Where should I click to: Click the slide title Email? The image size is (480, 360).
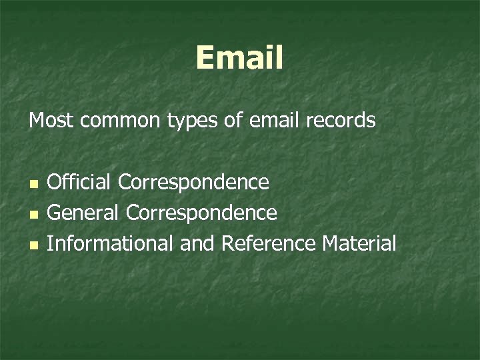coord(239,58)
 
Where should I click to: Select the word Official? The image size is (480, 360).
coord(79,181)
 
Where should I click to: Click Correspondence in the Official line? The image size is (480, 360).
coord(194,183)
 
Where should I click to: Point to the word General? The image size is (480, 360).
coord(83,213)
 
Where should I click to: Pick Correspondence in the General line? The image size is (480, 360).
coord(201,214)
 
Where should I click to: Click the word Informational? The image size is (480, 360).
coord(109,243)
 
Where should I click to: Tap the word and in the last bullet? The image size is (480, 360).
coord(197,243)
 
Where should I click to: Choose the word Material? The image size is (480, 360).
coord(359,243)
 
